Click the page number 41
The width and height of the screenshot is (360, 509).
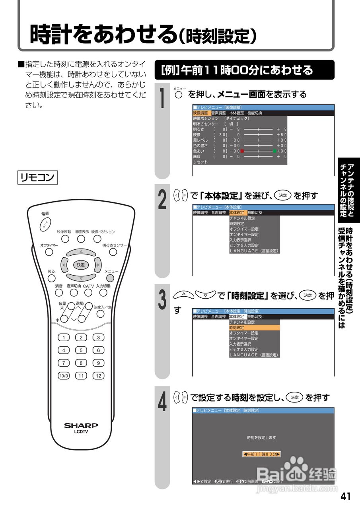point(345,496)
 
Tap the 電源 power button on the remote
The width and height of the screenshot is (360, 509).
point(45,224)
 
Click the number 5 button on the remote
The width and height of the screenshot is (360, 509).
point(81,350)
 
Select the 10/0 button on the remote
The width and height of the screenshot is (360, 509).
point(64,375)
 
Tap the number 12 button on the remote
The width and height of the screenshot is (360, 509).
point(98,375)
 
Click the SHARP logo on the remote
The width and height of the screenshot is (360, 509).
point(81,425)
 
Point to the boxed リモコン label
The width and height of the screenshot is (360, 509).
point(38,177)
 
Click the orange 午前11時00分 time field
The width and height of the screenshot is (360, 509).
point(261,454)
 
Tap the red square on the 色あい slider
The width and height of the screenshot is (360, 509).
point(242,151)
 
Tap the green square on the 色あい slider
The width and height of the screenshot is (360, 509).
point(274,151)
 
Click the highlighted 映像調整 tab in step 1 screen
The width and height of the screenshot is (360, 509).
point(200,113)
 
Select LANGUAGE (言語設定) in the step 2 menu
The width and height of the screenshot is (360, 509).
point(254,251)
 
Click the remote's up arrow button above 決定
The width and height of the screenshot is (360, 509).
point(81,252)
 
